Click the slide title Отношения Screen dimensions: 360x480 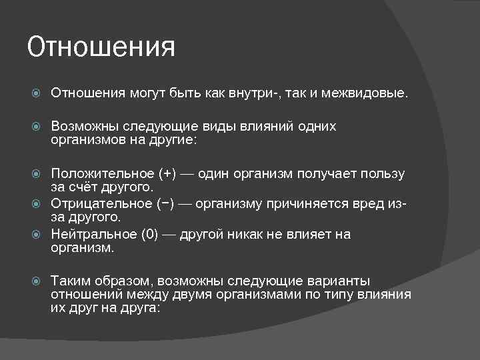pyautogui.click(x=101, y=47)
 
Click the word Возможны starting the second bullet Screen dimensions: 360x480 pyautogui.click(x=81, y=126)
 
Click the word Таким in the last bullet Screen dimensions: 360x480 pyautogui.click(x=71, y=281)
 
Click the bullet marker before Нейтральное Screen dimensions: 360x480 pyautogui.click(x=38, y=234)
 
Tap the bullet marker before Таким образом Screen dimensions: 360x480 pyautogui.click(x=38, y=281)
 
